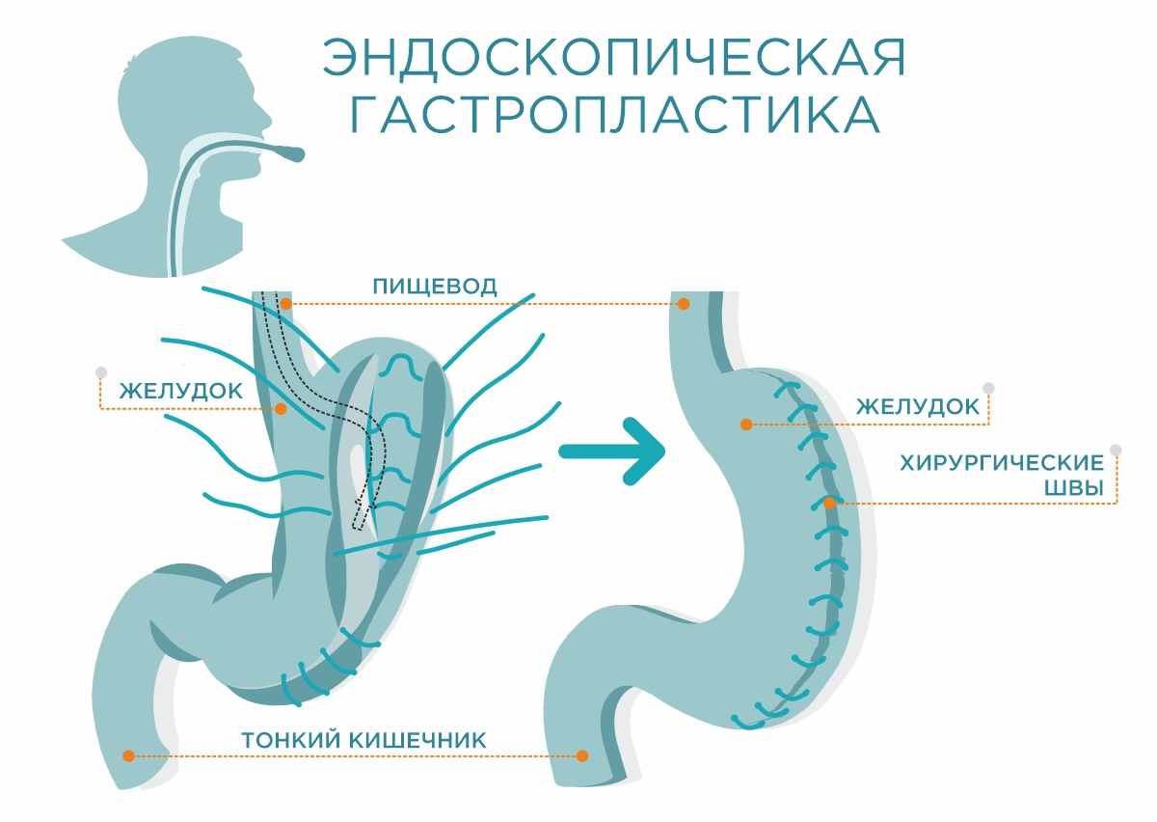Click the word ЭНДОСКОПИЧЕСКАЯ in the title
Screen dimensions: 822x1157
click(x=614, y=60)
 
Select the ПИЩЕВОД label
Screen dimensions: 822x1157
click(x=435, y=287)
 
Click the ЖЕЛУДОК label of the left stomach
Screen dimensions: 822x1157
click(x=180, y=392)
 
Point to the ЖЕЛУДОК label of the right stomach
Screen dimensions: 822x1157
click(x=918, y=407)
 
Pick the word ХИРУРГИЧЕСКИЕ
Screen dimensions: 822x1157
click(x=1001, y=463)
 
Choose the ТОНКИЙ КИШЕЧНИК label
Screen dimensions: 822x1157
click(x=363, y=741)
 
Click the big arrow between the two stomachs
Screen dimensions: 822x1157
click(x=614, y=451)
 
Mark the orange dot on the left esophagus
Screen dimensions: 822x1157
click(x=286, y=304)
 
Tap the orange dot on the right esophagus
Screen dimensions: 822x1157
click(x=684, y=304)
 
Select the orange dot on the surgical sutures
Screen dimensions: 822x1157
click(x=829, y=503)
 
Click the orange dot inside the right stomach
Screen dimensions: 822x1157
click(x=745, y=425)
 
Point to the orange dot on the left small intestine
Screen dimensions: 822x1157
click(x=127, y=755)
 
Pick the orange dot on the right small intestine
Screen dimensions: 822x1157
click(x=582, y=755)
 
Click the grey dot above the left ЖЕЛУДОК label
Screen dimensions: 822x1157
click(x=100, y=372)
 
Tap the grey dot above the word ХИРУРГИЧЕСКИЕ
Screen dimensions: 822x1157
click(x=1116, y=450)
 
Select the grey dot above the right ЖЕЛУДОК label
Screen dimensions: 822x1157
click(x=988, y=388)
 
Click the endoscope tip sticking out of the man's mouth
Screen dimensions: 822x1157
click(x=290, y=152)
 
